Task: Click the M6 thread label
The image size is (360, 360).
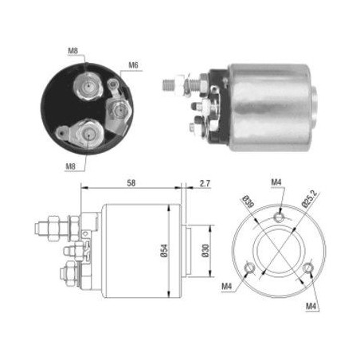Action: pos(133,65)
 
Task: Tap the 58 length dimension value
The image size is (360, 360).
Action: pos(131,183)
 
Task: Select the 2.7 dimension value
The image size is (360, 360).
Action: pos(205,183)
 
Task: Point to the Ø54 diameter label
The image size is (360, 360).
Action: pos(164,251)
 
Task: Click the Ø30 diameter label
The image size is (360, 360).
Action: pos(205,251)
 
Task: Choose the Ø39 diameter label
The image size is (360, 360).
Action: pos(248,202)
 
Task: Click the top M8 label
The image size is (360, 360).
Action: pos(72,51)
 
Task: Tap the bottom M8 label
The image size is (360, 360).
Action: pos(71,166)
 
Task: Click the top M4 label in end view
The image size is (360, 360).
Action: pos(276,182)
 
